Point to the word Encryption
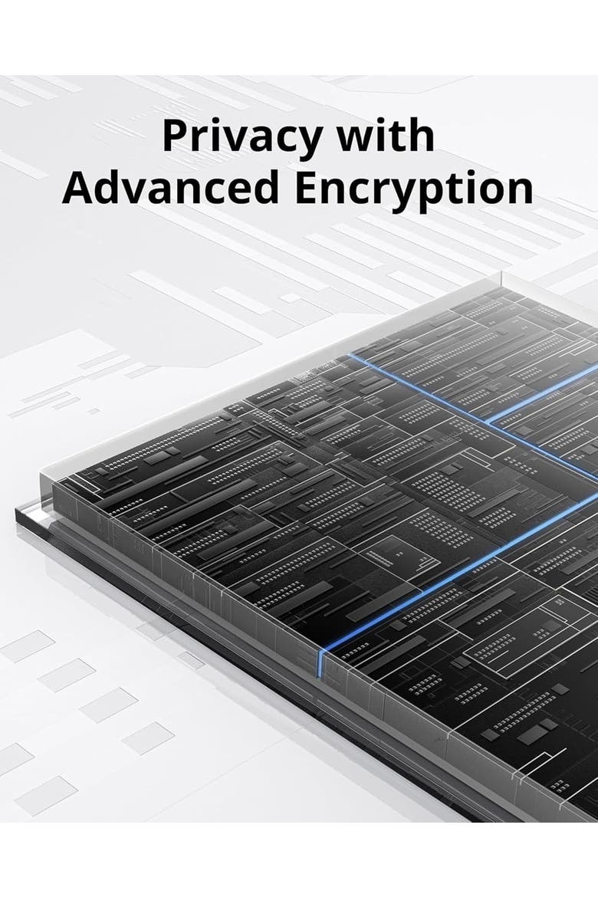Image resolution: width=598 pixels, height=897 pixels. tap(414, 190)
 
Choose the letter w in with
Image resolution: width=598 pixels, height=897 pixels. tap(354, 140)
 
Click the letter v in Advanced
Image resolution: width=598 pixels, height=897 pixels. tap(139, 192)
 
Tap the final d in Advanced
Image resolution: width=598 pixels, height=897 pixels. tap(265, 187)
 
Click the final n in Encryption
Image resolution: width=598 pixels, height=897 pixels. tap(520, 192)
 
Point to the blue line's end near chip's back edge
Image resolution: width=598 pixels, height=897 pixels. tap(350, 355)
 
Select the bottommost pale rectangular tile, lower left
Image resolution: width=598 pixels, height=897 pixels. tap(46, 795)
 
